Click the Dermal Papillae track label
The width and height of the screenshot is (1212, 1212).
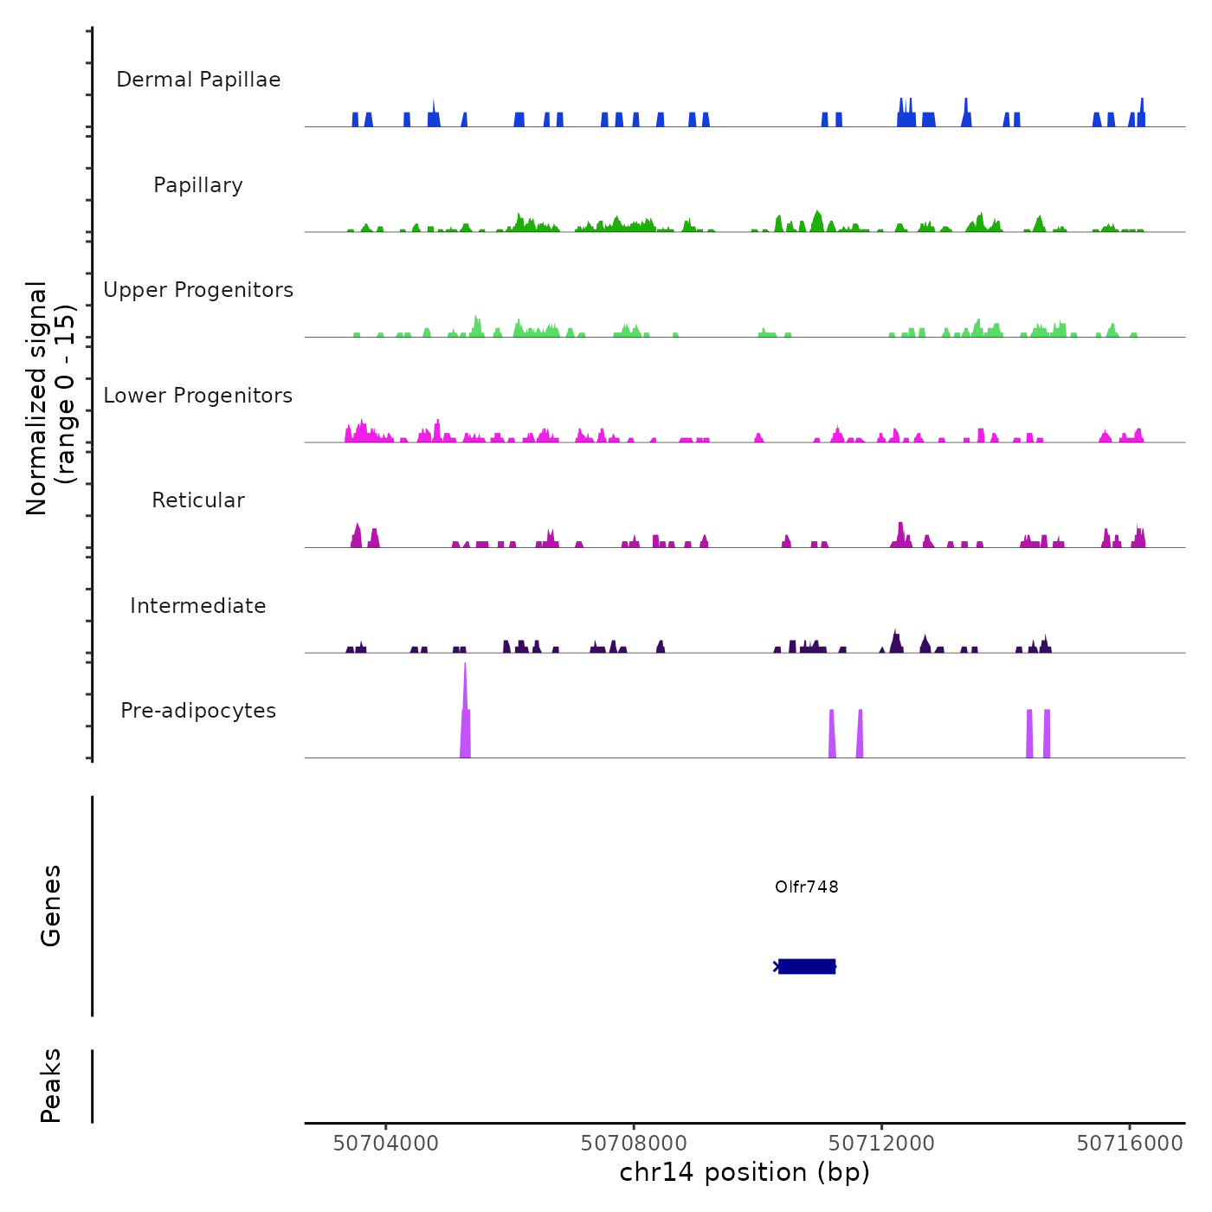[x=198, y=80]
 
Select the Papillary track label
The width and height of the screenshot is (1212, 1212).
[x=198, y=185]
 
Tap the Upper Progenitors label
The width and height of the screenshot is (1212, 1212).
[x=198, y=290]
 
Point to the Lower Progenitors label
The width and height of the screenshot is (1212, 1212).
[x=198, y=396]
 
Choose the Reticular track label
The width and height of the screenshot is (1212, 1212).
[x=198, y=500]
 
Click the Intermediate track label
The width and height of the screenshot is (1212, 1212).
[x=198, y=606]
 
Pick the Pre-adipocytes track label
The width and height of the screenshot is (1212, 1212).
[x=198, y=711]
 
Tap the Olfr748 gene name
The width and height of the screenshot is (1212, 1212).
[x=807, y=886]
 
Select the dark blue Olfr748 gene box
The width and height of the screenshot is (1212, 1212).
[x=807, y=966]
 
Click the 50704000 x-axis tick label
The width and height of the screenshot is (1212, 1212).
[x=386, y=1143]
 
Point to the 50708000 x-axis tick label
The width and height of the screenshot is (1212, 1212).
[x=634, y=1143]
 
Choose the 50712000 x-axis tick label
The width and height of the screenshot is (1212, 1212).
[x=881, y=1143]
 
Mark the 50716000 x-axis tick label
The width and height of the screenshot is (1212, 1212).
[x=1130, y=1143]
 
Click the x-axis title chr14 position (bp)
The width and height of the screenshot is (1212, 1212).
[x=745, y=1172]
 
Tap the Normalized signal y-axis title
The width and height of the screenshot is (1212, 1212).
[x=50, y=397]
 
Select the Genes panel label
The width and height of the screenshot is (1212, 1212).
[x=51, y=905]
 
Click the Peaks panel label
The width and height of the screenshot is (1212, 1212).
[x=51, y=1085]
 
